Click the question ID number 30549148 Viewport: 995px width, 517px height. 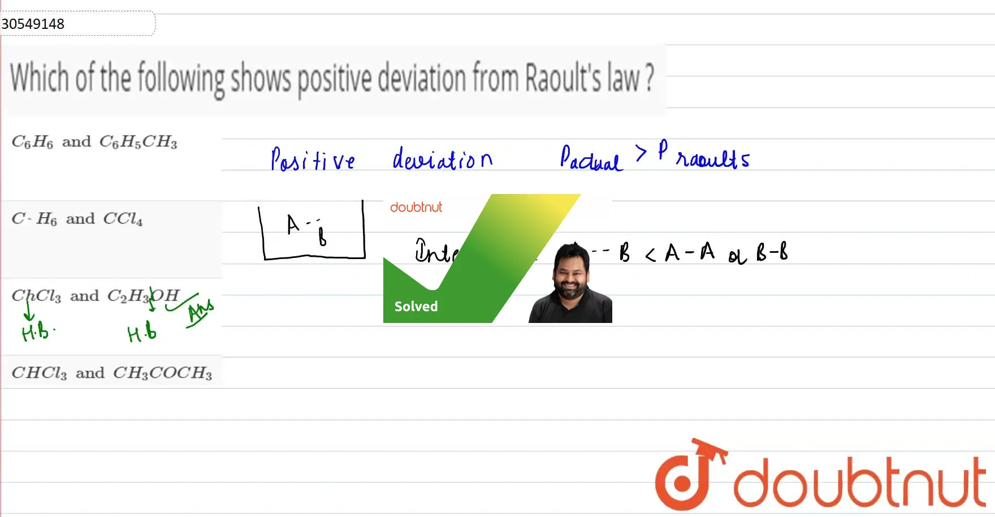(x=33, y=24)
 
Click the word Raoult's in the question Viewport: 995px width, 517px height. (x=563, y=79)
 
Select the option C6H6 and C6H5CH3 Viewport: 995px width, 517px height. (x=94, y=141)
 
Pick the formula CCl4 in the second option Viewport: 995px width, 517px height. (x=123, y=219)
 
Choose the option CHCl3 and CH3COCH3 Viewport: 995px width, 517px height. (x=112, y=373)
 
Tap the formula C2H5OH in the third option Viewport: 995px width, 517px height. (x=143, y=295)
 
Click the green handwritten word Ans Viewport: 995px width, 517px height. (x=201, y=312)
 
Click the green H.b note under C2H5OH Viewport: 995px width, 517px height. (x=141, y=333)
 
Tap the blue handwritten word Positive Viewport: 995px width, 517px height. (x=313, y=160)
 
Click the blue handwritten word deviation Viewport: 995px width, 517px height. (x=442, y=159)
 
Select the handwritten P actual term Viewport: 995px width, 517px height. (x=590, y=159)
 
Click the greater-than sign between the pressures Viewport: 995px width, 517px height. (x=641, y=153)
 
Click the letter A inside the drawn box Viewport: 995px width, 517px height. (x=292, y=224)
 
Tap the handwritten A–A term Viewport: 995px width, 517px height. (x=690, y=252)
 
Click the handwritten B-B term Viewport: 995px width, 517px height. (x=772, y=252)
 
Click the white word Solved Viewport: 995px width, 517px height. (x=416, y=307)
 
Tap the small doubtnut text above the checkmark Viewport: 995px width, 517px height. (x=416, y=208)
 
